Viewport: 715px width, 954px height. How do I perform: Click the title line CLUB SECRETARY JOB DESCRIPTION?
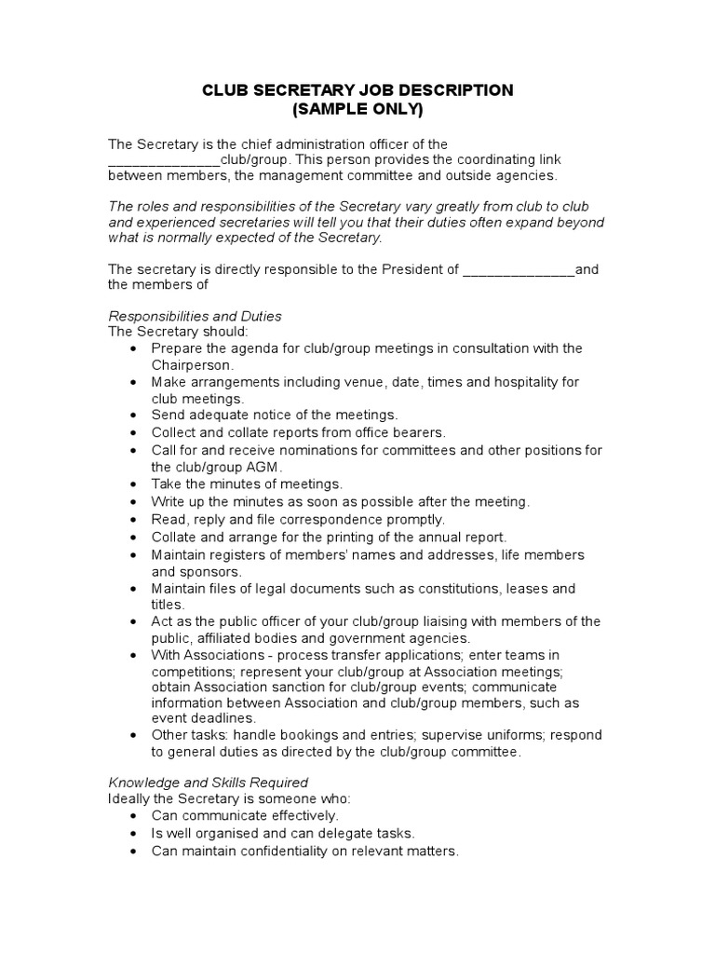coord(357,90)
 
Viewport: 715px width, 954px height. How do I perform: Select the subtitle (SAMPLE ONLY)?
coord(357,109)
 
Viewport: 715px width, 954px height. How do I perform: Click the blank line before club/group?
coord(164,160)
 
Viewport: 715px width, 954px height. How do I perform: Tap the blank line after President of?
coord(519,270)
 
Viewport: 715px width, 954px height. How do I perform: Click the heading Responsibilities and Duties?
coord(195,316)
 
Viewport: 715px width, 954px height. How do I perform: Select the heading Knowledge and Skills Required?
coord(208,782)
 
